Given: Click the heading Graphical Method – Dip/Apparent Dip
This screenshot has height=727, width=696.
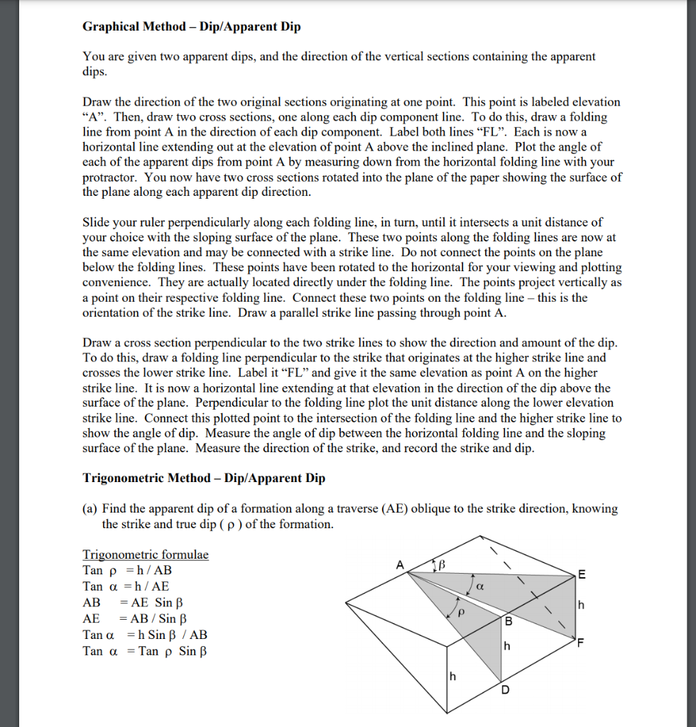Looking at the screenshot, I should [192, 27].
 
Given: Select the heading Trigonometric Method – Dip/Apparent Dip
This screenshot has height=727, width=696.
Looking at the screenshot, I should [204, 478].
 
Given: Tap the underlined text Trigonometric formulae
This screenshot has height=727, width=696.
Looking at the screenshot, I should [146, 554].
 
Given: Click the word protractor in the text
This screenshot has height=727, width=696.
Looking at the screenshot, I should [112, 177].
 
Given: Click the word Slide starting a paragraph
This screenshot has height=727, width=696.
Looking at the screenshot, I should [97, 222].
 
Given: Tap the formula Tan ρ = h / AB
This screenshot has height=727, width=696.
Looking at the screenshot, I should [127, 570].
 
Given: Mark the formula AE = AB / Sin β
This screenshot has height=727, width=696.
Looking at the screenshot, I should [135, 619].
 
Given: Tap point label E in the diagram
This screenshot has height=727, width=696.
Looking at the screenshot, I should [582, 575].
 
